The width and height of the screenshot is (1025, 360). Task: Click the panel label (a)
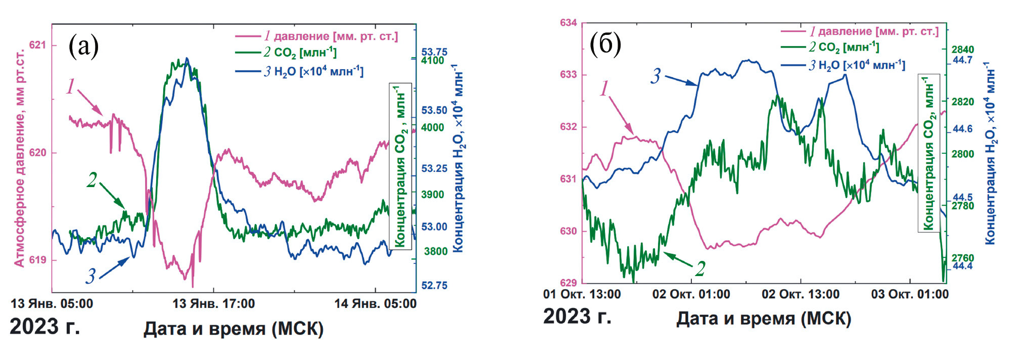pos(83,46)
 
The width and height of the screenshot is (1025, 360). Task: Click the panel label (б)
pos(605,43)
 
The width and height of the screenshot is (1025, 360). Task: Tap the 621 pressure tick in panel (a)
pos(37,45)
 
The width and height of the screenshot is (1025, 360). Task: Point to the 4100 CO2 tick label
pos(433,61)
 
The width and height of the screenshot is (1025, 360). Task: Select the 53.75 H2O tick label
pos(434,52)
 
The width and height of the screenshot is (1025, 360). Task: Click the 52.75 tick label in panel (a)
pos(434,286)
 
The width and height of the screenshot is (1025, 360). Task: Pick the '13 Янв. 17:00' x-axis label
pos(213,304)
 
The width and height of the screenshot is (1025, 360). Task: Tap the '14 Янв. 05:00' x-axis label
pos(375,304)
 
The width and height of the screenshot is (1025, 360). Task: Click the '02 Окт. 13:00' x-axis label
pos(800,294)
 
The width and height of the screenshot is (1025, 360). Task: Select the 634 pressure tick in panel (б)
pos(568,23)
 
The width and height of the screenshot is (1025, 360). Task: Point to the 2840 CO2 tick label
pos(962,50)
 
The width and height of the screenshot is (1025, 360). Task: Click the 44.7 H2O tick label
pos(962,60)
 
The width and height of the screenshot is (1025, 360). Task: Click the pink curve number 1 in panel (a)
pos(71,87)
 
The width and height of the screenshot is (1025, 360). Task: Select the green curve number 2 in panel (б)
pos(700,268)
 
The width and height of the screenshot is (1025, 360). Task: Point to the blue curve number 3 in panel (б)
pos(656,76)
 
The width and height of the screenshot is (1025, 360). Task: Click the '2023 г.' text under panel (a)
pos(44,327)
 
